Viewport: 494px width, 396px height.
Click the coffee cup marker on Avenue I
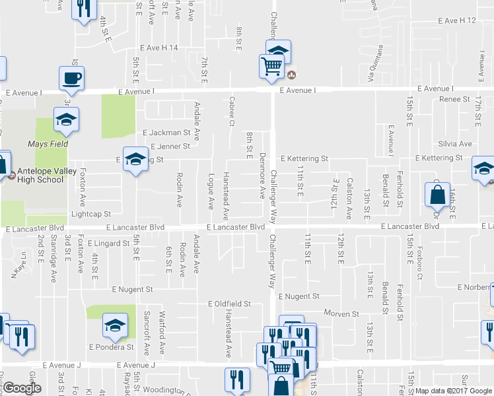[x=72, y=78]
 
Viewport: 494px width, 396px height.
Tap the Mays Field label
[x=48, y=143]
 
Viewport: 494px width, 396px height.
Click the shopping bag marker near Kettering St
[x=437, y=195]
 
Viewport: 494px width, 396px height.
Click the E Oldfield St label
[x=229, y=304]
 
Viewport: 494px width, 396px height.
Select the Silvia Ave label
[x=455, y=143]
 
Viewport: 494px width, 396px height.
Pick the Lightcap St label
[x=90, y=214]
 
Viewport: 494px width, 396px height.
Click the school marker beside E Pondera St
[x=115, y=325]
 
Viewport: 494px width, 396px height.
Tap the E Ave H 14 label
[x=159, y=48]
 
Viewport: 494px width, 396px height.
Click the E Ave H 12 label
[x=456, y=21]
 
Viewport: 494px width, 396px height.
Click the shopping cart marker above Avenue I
[x=271, y=67]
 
